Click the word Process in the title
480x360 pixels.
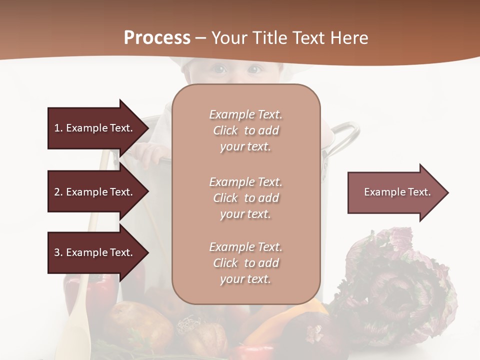(x=157, y=38)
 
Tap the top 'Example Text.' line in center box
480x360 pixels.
(x=246, y=114)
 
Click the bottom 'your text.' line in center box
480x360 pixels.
(x=245, y=279)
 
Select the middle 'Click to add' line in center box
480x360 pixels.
(x=246, y=198)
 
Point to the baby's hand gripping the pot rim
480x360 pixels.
(x=150, y=152)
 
